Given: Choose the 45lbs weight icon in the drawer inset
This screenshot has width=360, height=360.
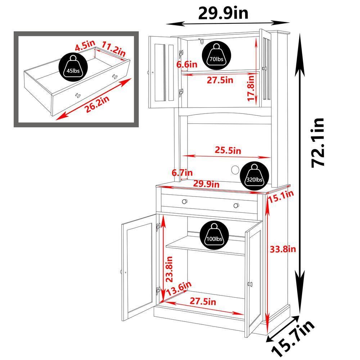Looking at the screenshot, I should tap(72, 66).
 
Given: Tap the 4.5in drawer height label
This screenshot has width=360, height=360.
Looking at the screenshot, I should tap(85, 46).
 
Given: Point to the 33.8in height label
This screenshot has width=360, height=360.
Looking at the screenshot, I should tap(283, 249).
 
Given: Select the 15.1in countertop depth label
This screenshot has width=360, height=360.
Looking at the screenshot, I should tap(283, 195).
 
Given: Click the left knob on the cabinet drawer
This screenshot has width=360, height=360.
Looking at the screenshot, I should tap(185, 201).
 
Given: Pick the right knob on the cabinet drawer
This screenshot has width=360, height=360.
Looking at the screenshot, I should tap(236, 206).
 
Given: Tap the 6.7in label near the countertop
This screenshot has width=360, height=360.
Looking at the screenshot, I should tap(182, 173).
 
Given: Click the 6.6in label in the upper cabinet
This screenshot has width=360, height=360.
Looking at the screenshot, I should tap(187, 65).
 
